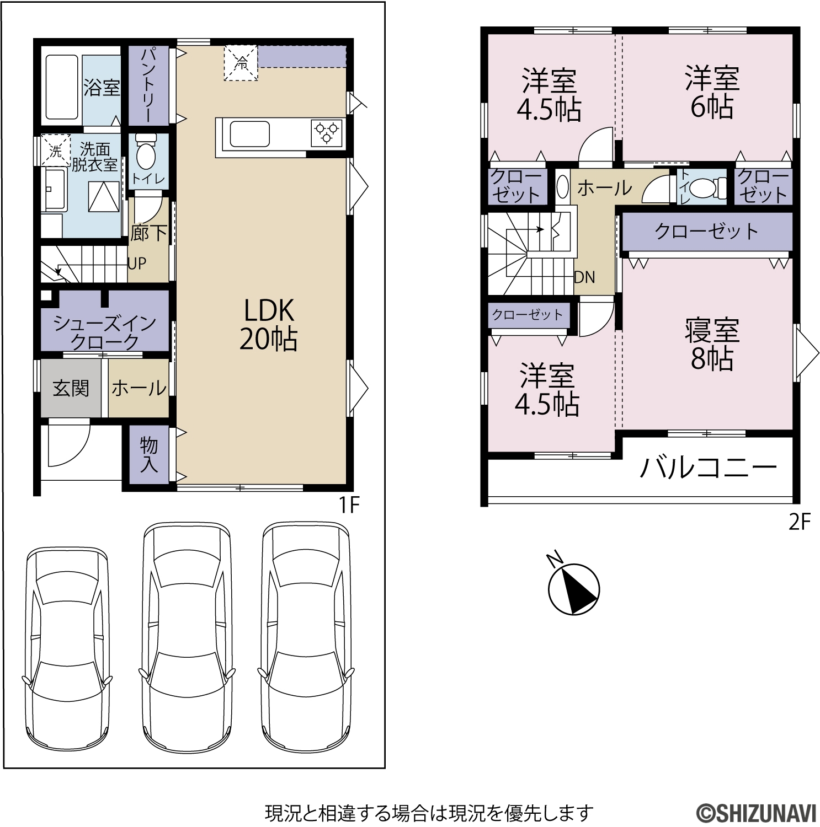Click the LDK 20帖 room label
[x=269, y=325]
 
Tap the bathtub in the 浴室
[x=61, y=87]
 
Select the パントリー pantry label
[x=148, y=85]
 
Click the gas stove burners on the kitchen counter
[x=326, y=133]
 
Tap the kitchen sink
[x=249, y=134]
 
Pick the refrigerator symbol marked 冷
[x=241, y=63]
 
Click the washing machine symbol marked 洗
[x=55, y=150]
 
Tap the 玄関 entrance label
[x=71, y=388]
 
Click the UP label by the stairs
[x=137, y=264]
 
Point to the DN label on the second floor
[x=585, y=277]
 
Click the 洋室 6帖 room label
[x=712, y=92]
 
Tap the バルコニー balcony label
[x=709, y=468]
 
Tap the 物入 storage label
[x=149, y=454]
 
